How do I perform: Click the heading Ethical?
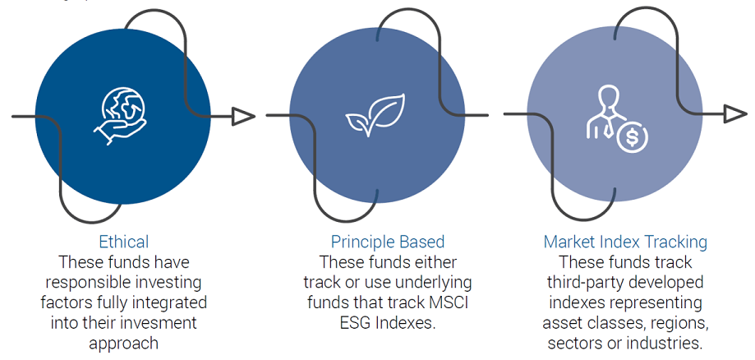(124, 242)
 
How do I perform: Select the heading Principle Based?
(388, 242)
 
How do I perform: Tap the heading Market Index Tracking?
(625, 242)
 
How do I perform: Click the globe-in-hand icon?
(120, 116)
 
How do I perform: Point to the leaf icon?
(375, 115)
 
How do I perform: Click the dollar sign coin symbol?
(633, 137)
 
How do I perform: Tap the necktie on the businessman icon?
(608, 127)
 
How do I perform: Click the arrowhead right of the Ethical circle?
(243, 116)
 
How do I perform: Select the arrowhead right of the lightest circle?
(736, 114)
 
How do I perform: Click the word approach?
(123, 343)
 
